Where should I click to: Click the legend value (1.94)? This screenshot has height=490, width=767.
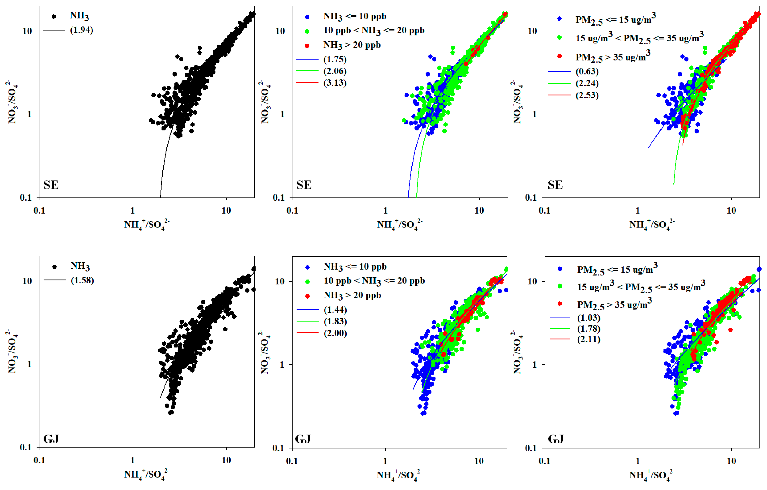click(81, 30)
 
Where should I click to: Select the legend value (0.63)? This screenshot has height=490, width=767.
click(587, 72)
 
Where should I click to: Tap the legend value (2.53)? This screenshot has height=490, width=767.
click(587, 95)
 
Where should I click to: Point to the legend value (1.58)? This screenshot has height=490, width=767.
click(82, 280)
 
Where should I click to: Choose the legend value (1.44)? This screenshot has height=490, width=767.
click(335, 310)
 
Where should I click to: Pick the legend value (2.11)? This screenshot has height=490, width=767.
click(589, 339)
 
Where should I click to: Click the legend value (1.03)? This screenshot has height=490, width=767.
click(589, 318)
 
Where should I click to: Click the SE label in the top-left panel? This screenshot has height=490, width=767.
click(51, 185)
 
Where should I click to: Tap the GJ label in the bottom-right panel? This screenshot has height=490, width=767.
click(556, 439)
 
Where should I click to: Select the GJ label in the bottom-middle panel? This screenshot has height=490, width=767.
click(303, 439)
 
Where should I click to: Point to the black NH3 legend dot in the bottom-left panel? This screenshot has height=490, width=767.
click(54, 267)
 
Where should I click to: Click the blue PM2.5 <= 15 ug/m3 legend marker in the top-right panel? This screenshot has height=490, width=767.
click(559, 19)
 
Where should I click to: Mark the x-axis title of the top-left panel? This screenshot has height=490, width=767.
click(147, 225)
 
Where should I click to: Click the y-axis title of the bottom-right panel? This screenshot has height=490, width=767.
click(517, 352)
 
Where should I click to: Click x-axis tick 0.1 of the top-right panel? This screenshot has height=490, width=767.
click(544, 211)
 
